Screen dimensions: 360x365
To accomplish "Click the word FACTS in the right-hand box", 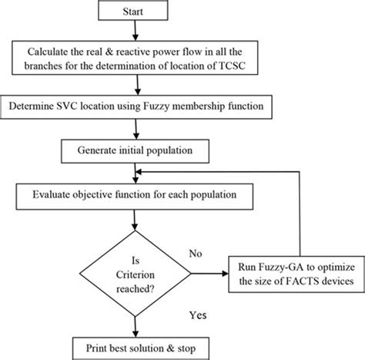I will click(x=285, y=283).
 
